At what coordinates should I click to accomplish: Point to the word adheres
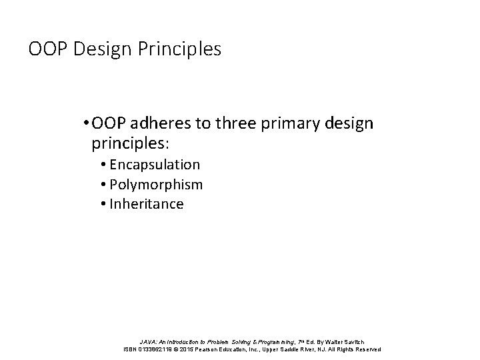click(x=165, y=124)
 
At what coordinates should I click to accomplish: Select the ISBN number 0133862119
click(x=160, y=350)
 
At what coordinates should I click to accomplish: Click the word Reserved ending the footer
click(x=366, y=350)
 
